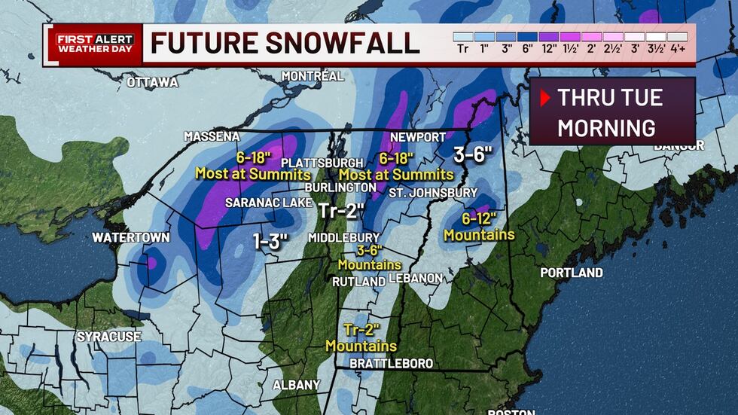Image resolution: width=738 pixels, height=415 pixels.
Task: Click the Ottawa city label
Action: [152, 82]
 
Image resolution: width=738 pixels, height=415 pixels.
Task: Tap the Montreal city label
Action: [313, 76]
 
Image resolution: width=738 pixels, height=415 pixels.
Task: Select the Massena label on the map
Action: [212, 136]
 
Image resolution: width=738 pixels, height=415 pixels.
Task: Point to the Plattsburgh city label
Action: [322, 163]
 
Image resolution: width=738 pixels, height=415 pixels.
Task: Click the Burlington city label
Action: [340, 187]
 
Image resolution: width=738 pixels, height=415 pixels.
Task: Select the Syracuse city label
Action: [108, 336]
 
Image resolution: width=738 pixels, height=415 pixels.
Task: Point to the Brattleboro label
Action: [392, 364]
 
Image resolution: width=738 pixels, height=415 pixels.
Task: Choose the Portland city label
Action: [572, 272]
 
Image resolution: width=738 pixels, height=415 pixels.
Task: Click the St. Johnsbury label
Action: [433, 193]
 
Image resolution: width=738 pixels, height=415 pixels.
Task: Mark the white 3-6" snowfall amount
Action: [473, 155]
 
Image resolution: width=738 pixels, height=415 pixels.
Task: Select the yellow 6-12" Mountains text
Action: [479, 227]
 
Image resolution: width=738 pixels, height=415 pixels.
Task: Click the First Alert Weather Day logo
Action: [94, 44]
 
